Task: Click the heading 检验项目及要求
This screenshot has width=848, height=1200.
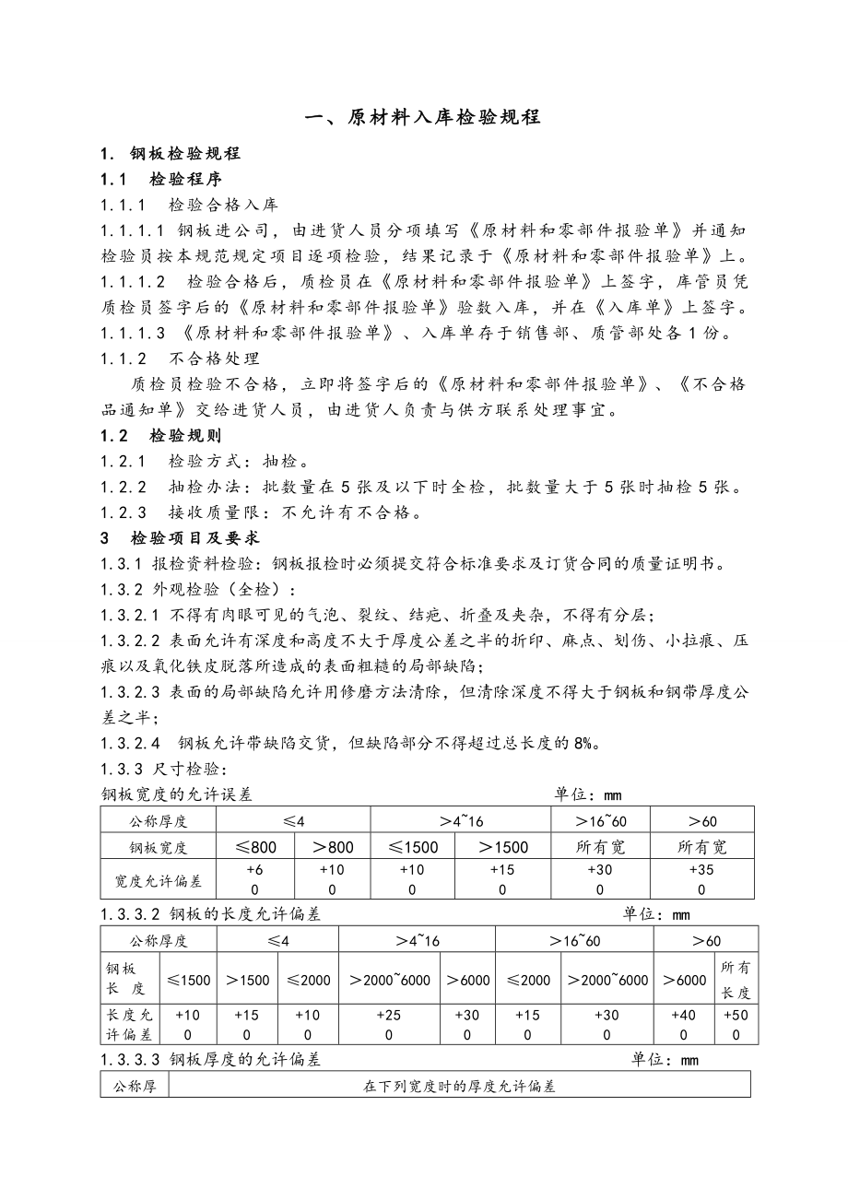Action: coord(194,537)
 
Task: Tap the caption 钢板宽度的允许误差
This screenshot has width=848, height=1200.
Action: coord(176,794)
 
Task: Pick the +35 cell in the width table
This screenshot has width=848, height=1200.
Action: coord(701,871)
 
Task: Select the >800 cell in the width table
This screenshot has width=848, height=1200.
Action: coord(332,847)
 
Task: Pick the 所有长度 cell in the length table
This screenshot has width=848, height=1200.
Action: coord(736,979)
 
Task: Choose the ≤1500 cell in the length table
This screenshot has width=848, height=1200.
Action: coord(189,980)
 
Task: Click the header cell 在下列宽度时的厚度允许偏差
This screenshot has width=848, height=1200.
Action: coord(460,1087)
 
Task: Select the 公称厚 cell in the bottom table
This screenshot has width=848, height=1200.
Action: coord(135,1087)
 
